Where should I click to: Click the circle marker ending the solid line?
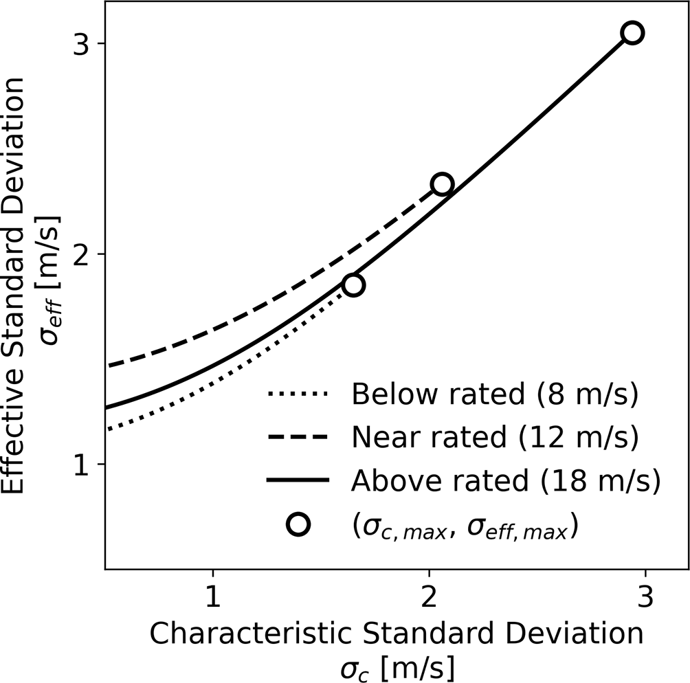(632, 33)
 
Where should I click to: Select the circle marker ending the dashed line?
(442, 184)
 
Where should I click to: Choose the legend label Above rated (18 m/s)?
(506, 481)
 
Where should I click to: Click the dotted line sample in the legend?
(300, 395)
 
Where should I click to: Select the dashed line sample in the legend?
(300, 438)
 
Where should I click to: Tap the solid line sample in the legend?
(300, 481)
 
